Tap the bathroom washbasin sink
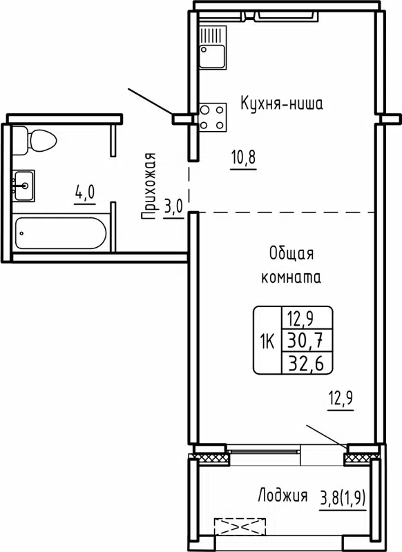click(23, 185)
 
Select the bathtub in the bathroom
click(61, 233)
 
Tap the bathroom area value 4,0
click(85, 193)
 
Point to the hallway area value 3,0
click(173, 207)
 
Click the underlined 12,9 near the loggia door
click(340, 400)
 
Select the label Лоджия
click(283, 495)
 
